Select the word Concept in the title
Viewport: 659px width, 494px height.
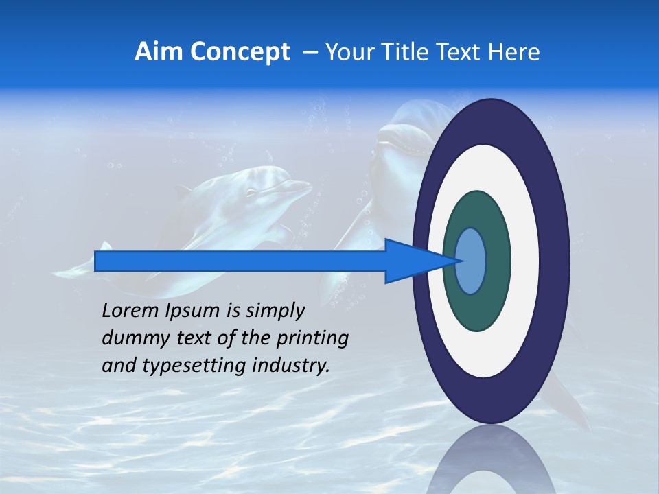click(x=240, y=53)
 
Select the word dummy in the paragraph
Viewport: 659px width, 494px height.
click(x=130, y=338)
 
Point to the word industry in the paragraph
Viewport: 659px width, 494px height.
click(x=288, y=366)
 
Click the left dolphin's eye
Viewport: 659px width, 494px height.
click(x=251, y=192)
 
